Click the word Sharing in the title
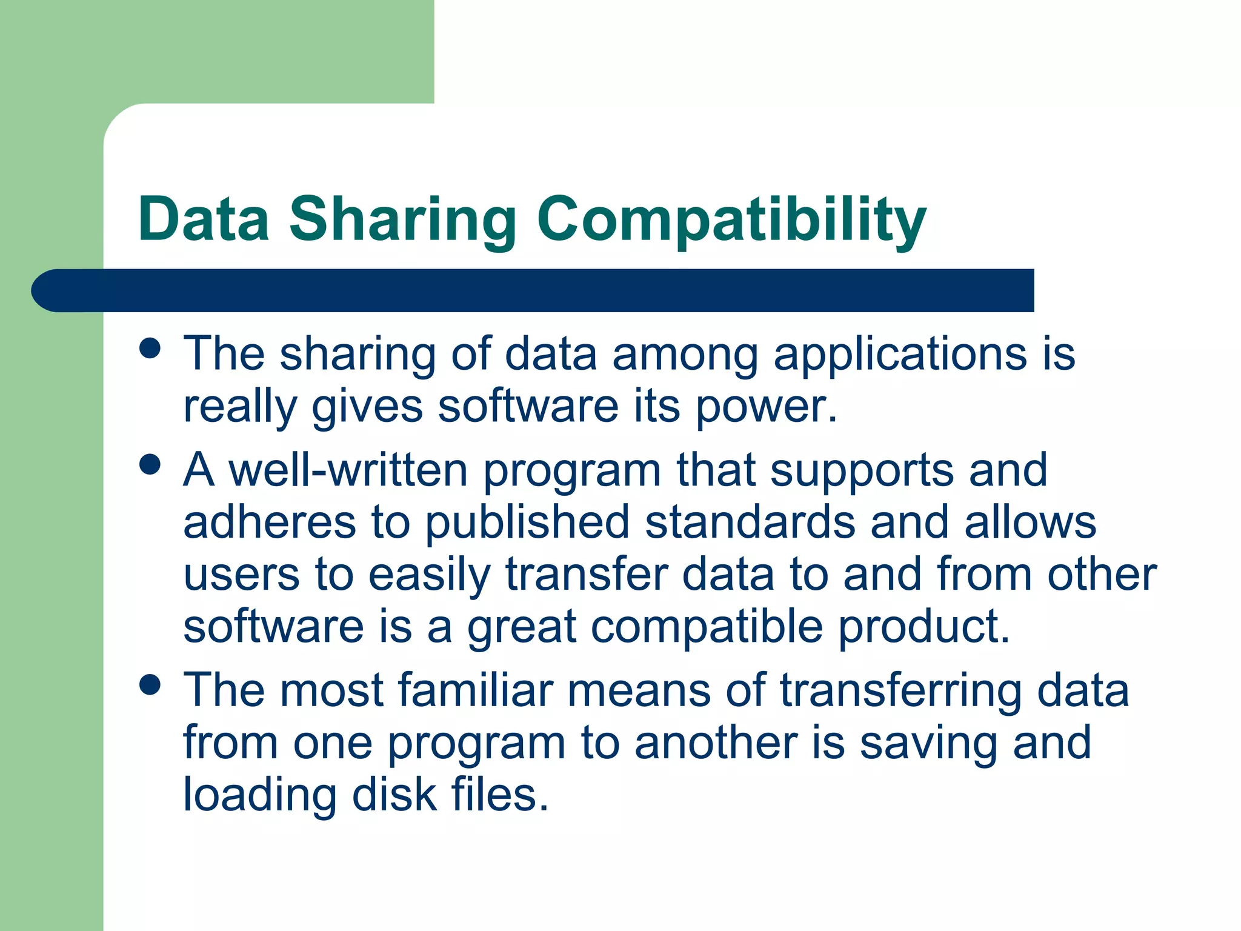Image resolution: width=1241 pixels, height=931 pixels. click(402, 219)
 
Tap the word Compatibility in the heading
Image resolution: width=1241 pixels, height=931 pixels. click(731, 219)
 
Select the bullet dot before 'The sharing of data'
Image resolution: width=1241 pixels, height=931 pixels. click(150, 349)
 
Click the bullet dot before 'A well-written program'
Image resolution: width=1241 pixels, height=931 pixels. click(150, 465)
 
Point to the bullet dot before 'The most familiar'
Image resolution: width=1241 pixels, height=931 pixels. click(150, 685)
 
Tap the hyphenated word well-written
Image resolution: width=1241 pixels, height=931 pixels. click(348, 470)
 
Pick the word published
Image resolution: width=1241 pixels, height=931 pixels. click(527, 522)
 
